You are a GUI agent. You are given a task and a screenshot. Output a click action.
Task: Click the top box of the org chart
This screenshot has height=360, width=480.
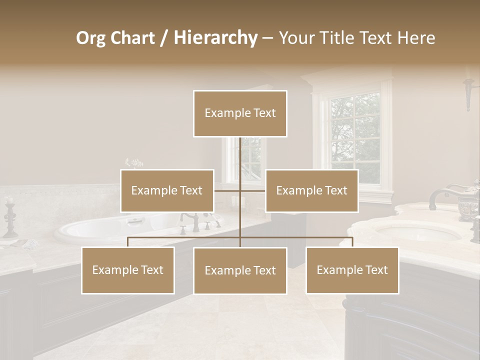click(x=240, y=113)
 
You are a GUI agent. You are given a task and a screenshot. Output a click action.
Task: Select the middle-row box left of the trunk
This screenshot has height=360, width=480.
click(x=167, y=190)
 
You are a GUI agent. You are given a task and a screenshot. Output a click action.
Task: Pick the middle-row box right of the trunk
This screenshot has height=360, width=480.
click(x=311, y=190)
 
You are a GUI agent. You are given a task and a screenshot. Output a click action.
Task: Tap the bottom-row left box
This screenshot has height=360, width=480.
click(x=128, y=270)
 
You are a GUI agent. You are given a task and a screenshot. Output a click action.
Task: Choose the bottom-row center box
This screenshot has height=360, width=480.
click(x=240, y=270)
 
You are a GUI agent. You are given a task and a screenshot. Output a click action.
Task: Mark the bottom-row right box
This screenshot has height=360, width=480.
click(x=352, y=270)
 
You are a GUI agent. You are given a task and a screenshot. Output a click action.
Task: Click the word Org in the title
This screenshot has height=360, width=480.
click(x=91, y=38)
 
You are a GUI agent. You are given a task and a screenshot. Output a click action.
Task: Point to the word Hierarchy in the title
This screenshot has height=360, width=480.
click(x=215, y=38)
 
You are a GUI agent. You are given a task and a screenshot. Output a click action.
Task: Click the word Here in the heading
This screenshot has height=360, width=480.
click(x=416, y=38)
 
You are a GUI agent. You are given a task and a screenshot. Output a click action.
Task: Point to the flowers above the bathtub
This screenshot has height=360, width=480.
click(x=133, y=163)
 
